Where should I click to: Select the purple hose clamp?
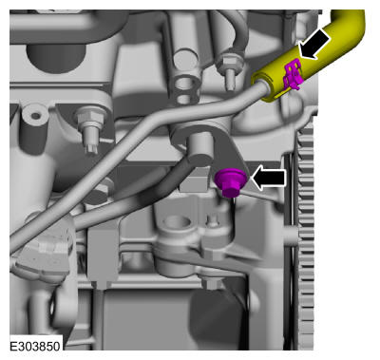pyautogui.click(x=293, y=73)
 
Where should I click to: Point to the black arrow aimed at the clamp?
pyautogui.click(x=314, y=44)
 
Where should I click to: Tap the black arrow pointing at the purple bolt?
pyautogui.click(x=269, y=179)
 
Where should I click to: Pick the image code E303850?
pyautogui.click(x=35, y=346)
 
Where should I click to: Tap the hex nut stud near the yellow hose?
pyautogui.click(x=229, y=69)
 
